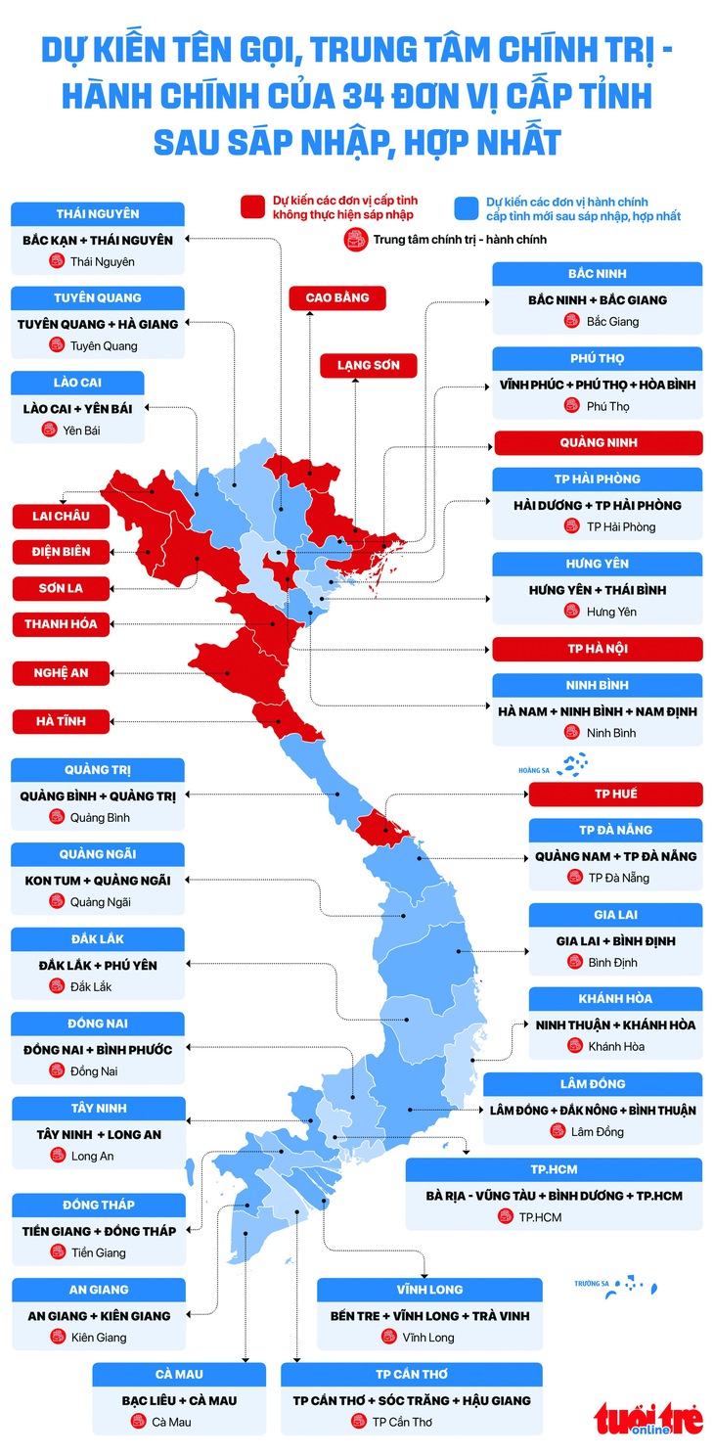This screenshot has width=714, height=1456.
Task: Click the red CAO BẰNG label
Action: (337, 297)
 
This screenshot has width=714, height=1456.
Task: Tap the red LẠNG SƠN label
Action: (361, 365)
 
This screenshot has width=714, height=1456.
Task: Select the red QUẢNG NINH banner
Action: (598, 442)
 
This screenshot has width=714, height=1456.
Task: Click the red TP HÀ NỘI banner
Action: (598, 649)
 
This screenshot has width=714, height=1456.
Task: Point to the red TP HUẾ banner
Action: (615, 794)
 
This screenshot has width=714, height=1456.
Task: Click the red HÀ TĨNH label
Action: (61, 721)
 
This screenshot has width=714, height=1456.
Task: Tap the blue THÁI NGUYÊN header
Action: (97, 213)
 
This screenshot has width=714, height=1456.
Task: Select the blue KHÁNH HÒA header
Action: (615, 998)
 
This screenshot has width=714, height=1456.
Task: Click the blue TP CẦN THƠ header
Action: (411, 1374)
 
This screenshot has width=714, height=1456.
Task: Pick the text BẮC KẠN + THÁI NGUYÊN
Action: (97, 240)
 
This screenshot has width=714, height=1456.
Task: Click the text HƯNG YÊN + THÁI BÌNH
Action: (597, 590)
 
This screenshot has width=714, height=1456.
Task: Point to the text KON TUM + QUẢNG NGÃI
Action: (98, 880)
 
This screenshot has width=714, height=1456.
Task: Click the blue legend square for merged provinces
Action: (468, 206)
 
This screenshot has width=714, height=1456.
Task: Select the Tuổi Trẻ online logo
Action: (648, 1418)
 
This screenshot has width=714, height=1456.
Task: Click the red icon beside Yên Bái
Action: (49, 430)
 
